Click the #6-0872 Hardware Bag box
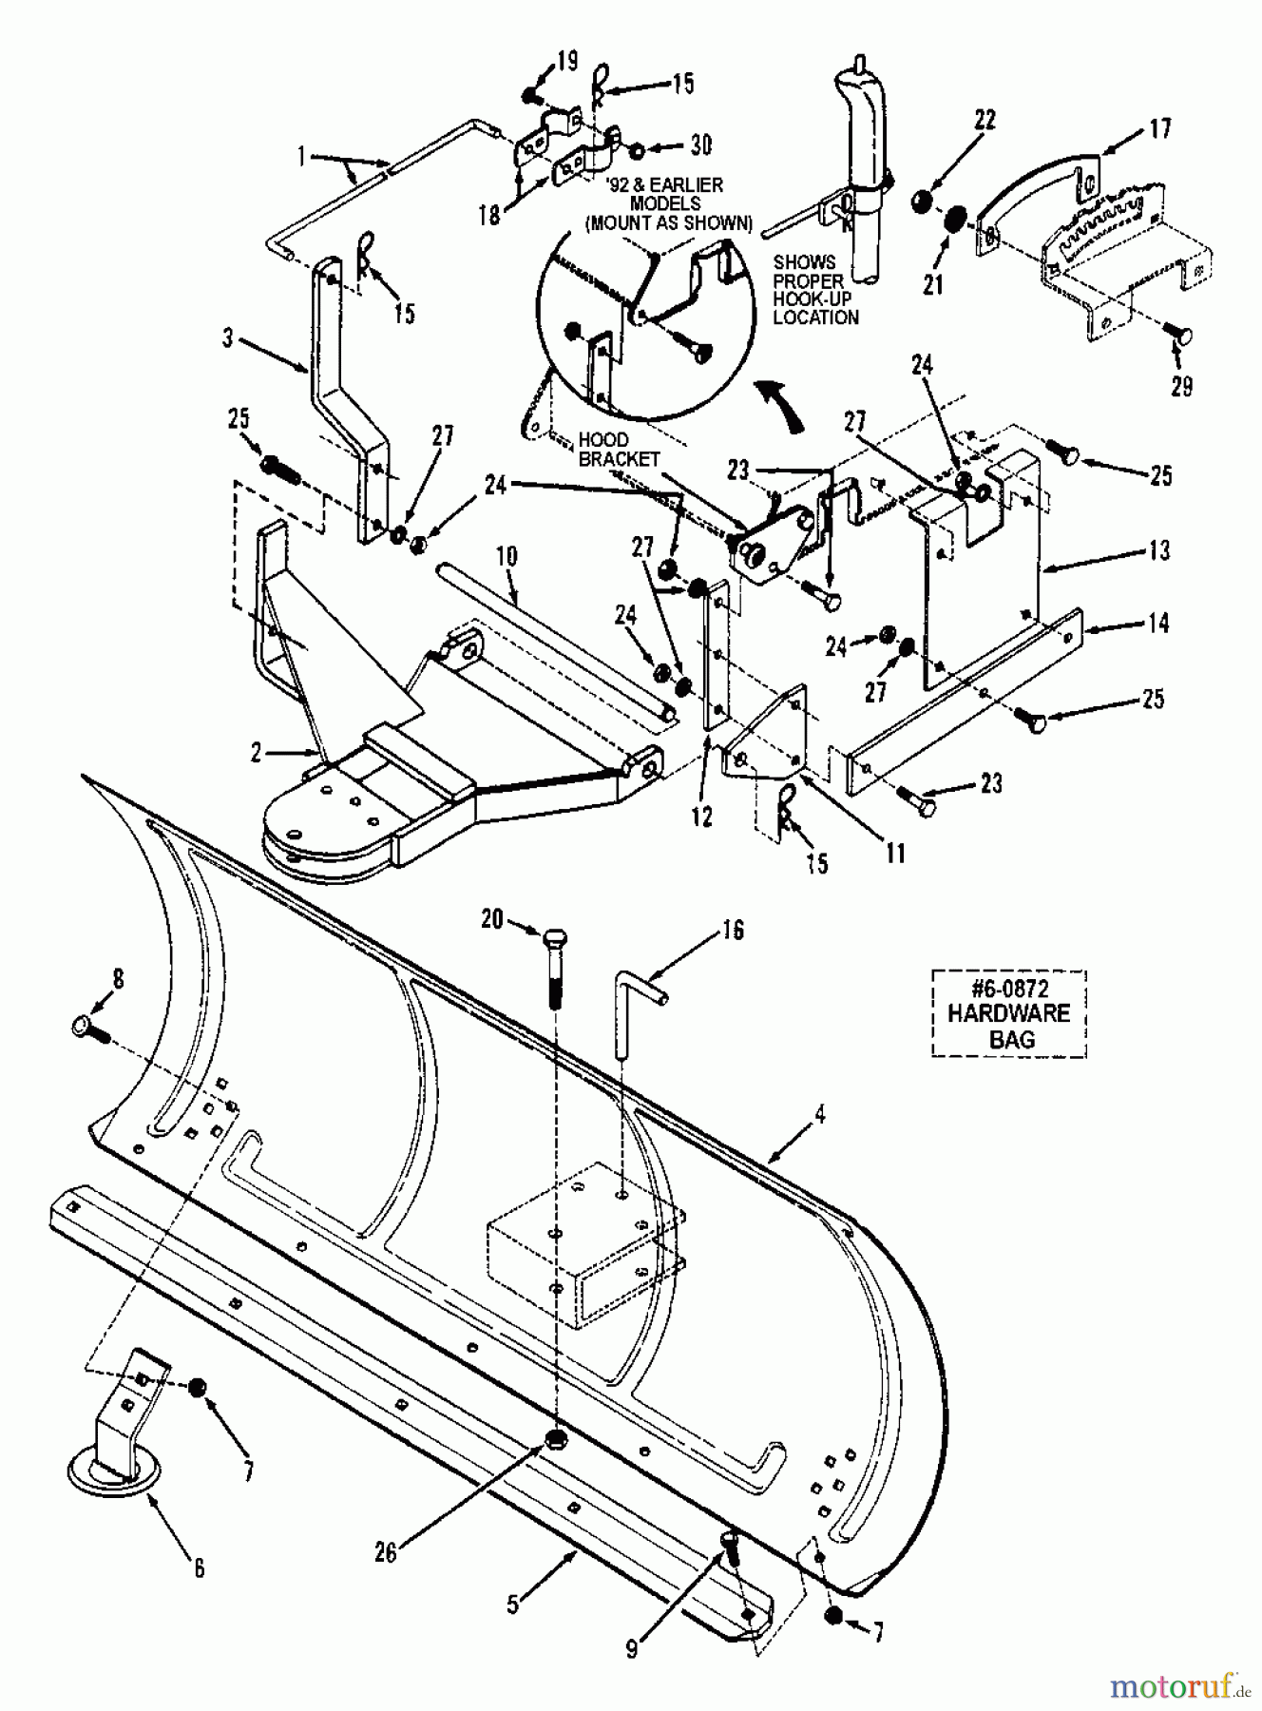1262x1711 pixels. coord(1008,1012)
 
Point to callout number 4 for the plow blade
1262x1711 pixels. coord(819,1113)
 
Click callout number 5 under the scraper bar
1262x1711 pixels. coord(514,1605)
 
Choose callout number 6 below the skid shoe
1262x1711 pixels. coord(199,1567)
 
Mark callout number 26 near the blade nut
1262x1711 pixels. coord(386,1551)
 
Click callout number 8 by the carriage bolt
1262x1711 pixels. coord(118,979)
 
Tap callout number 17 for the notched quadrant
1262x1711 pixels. coord(1160,127)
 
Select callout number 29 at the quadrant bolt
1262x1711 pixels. coord(1181,386)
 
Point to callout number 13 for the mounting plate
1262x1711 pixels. coord(1159,549)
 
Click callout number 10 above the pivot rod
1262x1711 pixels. coord(507,556)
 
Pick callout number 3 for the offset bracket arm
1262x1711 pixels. coord(227,337)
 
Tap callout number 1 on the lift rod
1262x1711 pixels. coord(302,157)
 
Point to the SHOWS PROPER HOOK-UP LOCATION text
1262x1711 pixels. coord(815,289)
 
